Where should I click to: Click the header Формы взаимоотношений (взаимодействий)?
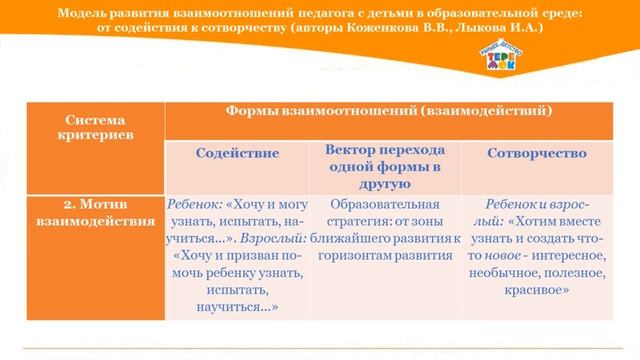click(390, 108)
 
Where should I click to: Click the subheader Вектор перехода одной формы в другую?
click(385, 166)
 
